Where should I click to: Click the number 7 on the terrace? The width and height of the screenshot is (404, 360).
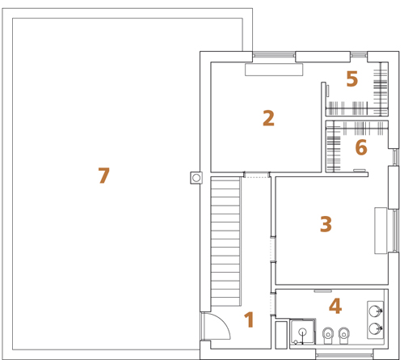(x=104, y=176)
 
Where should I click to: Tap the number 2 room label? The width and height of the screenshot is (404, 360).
(x=268, y=118)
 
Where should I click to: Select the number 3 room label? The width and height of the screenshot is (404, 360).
(x=326, y=224)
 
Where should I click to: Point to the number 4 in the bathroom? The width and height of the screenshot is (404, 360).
(x=335, y=306)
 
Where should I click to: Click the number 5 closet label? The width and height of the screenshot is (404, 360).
(x=352, y=78)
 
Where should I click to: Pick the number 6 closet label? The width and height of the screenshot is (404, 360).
(x=361, y=147)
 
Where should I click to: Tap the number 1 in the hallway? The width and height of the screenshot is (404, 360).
(x=249, y=320)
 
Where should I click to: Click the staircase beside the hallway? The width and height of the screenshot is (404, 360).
(x=225, y=241)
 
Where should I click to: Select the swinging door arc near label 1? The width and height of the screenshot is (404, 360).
(x=222, y=321)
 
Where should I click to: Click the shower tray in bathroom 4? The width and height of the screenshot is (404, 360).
(x=302, y=332)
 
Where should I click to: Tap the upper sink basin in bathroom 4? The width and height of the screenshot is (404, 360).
(x=375, y=311)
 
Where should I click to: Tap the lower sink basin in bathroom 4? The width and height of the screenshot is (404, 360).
(x=375, y=328)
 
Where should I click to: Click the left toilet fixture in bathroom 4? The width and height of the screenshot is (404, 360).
(x=328, y=335)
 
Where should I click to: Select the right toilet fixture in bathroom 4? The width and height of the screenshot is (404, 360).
(x=343, y=335)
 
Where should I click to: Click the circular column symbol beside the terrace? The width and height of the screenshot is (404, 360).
(x=196, y=178)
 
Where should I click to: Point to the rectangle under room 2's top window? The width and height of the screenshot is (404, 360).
(x=274, y=70)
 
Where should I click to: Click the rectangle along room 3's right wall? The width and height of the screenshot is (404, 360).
(x=381, y=231)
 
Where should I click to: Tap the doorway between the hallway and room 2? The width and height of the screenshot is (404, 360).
(x=256, y=175)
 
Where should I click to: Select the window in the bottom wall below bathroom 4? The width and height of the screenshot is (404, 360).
(x=344, y=355)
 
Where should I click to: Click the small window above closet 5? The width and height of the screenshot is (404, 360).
(x=359, y=55)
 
